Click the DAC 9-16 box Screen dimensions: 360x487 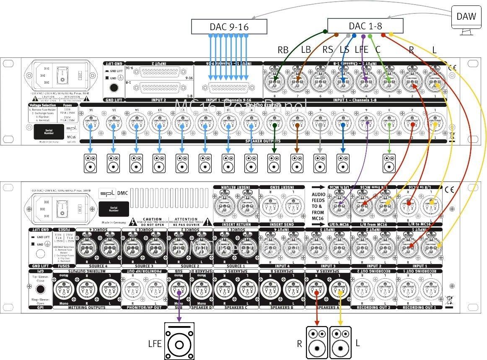[229, 27]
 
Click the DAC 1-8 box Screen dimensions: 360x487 [365, 26]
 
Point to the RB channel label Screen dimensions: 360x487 [283, 49]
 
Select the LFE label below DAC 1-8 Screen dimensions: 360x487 [361, 49]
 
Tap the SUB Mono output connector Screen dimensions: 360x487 [179, 292]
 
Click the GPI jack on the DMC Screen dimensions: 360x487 [41, 290]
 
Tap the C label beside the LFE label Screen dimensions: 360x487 [378, 49]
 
